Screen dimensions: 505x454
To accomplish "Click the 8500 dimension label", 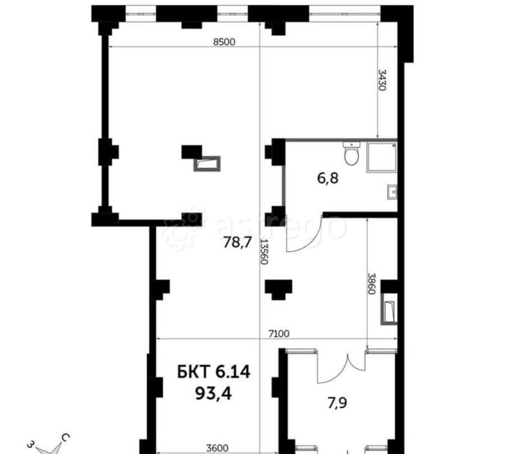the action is (x=224, y=42).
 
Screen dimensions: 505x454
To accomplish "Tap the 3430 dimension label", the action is (x=382, y=80).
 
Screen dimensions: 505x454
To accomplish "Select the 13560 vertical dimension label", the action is (x=264, y=252).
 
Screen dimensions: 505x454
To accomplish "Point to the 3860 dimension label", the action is (x=372, y=284).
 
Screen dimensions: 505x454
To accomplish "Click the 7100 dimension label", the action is (x=279, y=334).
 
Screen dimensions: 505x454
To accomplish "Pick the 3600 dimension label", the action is (x=217, y=448).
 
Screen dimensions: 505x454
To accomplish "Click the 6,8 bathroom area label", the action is (x=328, y=178).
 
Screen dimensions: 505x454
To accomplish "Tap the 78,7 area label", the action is (x=237, y=242).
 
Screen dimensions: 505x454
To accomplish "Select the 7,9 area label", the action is (x=338, y=403).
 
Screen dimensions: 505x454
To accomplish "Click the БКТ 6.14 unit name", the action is (x=214, y=372).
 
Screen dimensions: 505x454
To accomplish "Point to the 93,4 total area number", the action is (x=214, y=393).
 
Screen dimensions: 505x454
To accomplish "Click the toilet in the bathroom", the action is (x=351, y=154).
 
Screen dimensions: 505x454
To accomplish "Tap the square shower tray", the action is (x=382, y=157).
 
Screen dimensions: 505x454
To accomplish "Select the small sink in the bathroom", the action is (x=392, y=192).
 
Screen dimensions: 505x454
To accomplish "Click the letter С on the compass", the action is (x=66, y=438).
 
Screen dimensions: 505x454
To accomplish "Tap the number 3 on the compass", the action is (x=31, y=444).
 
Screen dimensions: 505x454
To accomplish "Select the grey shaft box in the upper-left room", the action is (x=207, y=164).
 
